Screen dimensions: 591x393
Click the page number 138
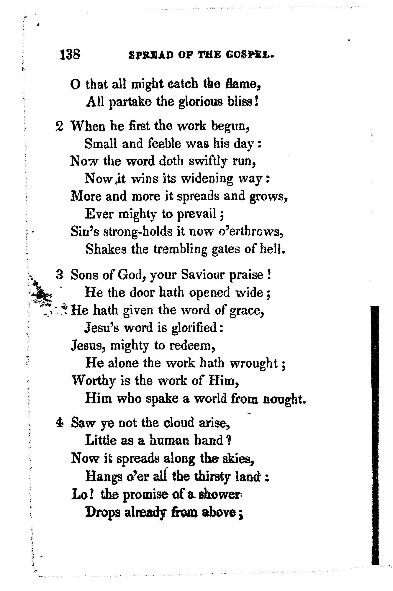tap(70, 54)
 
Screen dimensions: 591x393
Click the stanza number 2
tap(59, 126)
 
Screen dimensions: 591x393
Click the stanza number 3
tap(59, 275)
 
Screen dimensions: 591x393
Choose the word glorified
tap(195, 328)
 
